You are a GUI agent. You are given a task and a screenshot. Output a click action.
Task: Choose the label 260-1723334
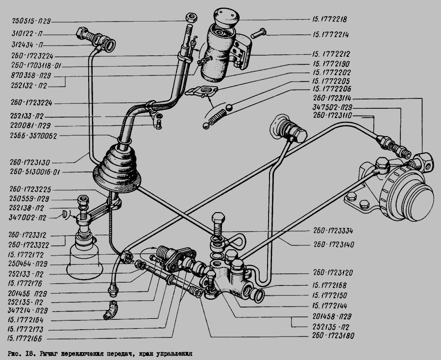click(335, 231)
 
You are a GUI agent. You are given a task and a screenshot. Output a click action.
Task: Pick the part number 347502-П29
click(332, 107)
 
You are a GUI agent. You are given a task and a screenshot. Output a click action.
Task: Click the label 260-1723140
click(335, 243)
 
